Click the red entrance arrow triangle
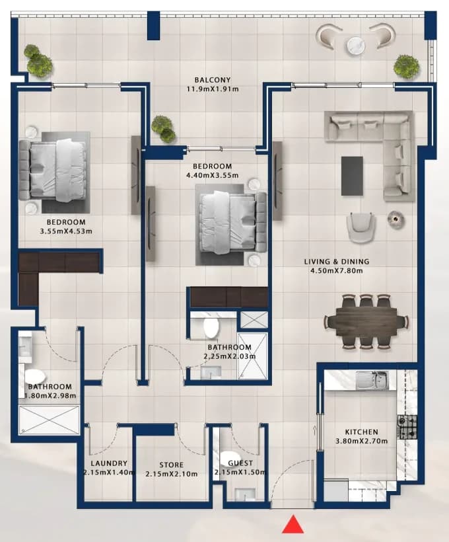click(x=293, y=523)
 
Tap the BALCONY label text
click(x=213, y=80)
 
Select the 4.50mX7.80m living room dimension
click(x=337, y=270)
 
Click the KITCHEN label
click(x=362, y=432)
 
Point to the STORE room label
click(x=171, y=465)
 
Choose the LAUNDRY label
click(x=109, y=463)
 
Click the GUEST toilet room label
click(x=240, y=463)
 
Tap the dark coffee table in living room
click(x=352, y=176)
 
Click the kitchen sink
click(x=372, y=381)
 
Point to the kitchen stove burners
click(x=407, y=427)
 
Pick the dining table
click(x=366, y=322)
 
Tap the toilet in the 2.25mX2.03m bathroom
click(x=211, y=329)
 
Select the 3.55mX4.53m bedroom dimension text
click(x=66, y=231)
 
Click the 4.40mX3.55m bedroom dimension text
click(x=213, y=175)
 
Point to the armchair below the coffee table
click(x=361, y=228)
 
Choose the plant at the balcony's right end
click(x=407, y=66)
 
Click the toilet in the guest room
click(x=229, y=457)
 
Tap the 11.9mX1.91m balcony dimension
click(x=213, y=89)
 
